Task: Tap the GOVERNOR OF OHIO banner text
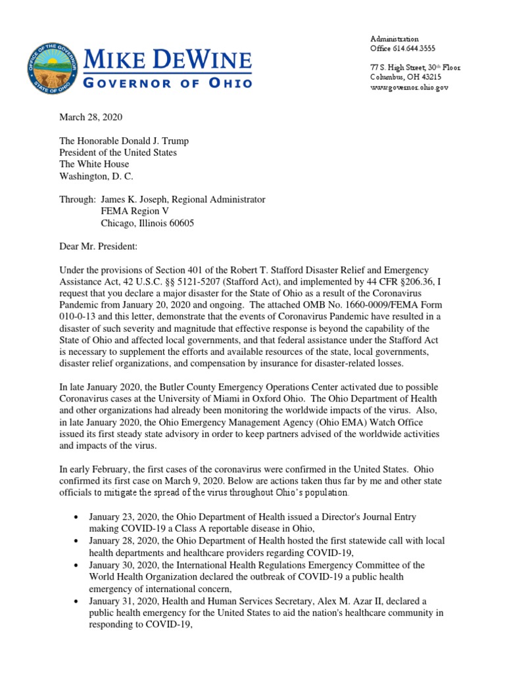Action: [x=167, y=83]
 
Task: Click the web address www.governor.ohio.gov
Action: [x=409, y=87]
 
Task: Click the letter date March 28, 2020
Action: [x=91, y=117]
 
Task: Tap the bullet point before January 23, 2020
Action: [x=78, y=517]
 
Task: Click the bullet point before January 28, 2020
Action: [x=78, y=541]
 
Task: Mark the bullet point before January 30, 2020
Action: [x=78, y=565]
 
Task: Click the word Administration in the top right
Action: [x=394, y=39]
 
